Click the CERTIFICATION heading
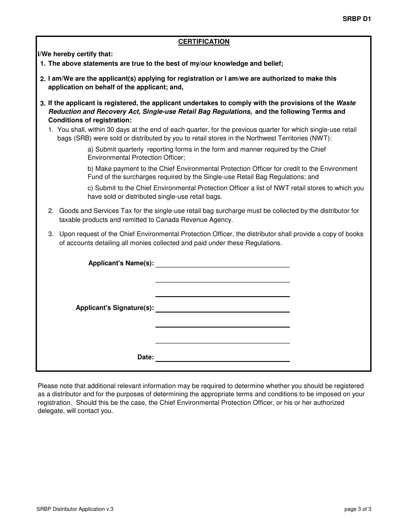[x=204, y=42]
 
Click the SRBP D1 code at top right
[x=356, y=19]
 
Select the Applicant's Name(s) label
[x=121, y=263]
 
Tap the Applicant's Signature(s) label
[x=115, y=308]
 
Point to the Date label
[x=146, y=357]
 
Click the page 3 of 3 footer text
[x=357, y=510]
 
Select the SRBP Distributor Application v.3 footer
[x=76, y=510]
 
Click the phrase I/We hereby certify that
[x=75, y=55]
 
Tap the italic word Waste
[x=346, y=103]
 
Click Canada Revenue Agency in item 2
[x=197, y=220]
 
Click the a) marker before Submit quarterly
[x=90, y=149]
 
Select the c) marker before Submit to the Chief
[x=90, y=188]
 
